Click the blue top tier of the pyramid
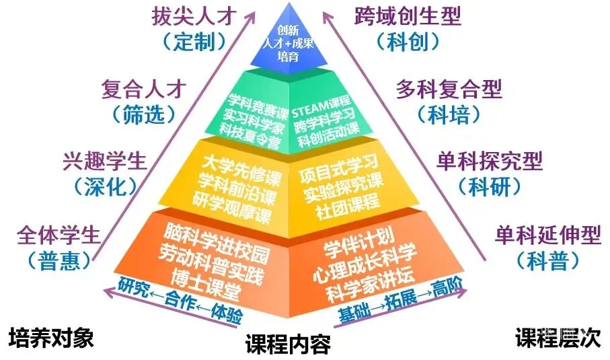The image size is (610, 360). pos(289,43)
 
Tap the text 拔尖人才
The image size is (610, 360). pos(194,16)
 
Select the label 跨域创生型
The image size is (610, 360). pos(408,16)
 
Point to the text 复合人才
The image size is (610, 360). pos(144,89)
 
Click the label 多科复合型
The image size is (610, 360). pos(449,89)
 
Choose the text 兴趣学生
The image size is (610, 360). pos(105,161)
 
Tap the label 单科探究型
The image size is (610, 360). pos(490,161)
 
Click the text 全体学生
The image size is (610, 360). pos(59,235)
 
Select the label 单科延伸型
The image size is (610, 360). pos(548,235)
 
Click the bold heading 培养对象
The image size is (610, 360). pos(51,337)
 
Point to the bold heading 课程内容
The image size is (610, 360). pos(288,345)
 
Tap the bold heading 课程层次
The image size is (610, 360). pos(558,337)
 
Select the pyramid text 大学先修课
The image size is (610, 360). pos(241,170)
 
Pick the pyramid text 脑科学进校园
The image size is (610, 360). pos(217,242)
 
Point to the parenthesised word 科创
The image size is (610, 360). pos(408,41)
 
